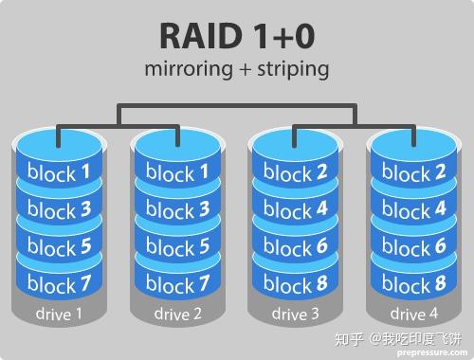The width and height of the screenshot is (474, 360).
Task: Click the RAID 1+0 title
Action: tap(237, 35)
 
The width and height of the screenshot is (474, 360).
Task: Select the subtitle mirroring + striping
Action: tap(237, 70)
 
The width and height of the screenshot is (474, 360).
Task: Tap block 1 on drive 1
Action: tap(59, 173)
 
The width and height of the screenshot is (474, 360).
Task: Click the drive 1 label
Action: tap(58, 313)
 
